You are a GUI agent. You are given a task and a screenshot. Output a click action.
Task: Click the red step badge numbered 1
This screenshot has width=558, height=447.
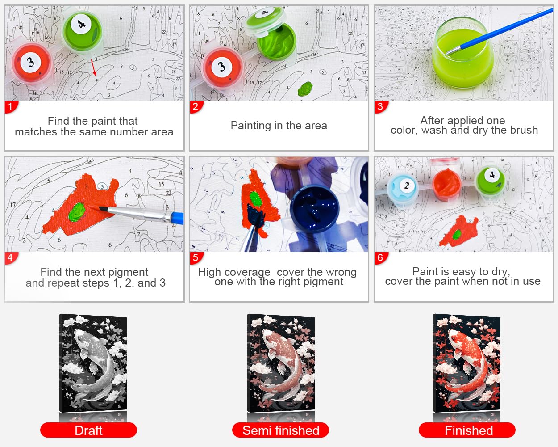pyautogui.click(x=11, y=107)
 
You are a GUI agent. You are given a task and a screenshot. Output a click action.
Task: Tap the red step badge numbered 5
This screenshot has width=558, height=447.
pyautogui.click(x=196, y=258)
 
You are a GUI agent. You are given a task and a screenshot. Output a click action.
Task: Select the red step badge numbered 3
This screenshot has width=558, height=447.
pyautogui.click(x=381, y=107)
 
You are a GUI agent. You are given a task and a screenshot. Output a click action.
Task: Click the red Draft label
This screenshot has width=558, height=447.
pyautogui.click(x=88, y=430)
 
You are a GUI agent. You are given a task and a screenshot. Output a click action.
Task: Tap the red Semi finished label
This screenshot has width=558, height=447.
pyautogui.click(x=280, y=430)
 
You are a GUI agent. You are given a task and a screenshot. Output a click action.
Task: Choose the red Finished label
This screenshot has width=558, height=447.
pyautogui.click(x=467, y=430)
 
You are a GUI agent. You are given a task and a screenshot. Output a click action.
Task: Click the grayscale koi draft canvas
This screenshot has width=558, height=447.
pyautogui.click(x=93, y=363)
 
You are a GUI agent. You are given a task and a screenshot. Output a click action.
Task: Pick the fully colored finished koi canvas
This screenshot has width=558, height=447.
pyautogui.click(x=466, y=363)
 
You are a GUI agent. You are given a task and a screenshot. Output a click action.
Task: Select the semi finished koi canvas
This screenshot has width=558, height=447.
pyautogui.click(x=280, y=363)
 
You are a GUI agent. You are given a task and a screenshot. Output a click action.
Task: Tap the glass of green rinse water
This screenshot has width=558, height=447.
pyautogui.click(x=462, y=53)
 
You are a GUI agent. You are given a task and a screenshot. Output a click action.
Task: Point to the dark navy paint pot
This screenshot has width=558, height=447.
pyautogui.click(x=314, y=208)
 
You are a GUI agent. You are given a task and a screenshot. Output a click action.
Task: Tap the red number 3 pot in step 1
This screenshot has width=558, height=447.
pyautogui.click(x=32, y=63)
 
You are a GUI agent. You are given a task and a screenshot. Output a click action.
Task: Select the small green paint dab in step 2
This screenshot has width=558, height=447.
pyautogui.click(x=305, y=89)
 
